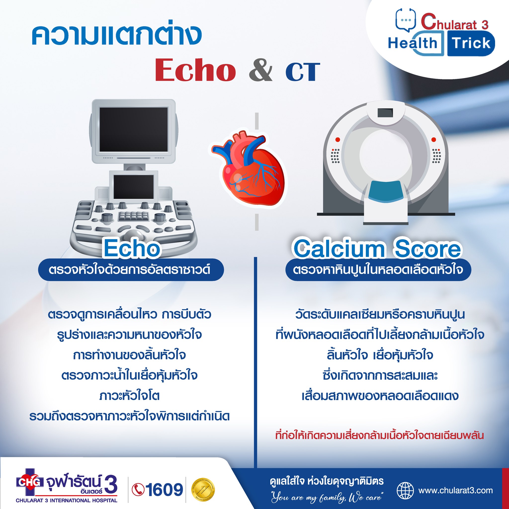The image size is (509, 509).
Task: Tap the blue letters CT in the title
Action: pos(303,72)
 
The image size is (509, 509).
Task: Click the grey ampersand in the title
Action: pos(260,70)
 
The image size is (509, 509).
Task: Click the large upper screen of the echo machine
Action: pos(133,129)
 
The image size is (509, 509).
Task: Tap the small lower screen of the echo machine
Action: pos(133,187)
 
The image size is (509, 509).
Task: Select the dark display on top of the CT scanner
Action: pos(385,113)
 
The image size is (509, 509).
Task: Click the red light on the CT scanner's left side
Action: pos(338,139)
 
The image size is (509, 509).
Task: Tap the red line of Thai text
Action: pos(379,435)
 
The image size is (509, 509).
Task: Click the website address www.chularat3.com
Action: pos(456,491)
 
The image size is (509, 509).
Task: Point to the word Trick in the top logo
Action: pos(471,43)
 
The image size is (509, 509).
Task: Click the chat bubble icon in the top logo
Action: pos(405,20)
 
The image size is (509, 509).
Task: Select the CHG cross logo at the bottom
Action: pos(30,482)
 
